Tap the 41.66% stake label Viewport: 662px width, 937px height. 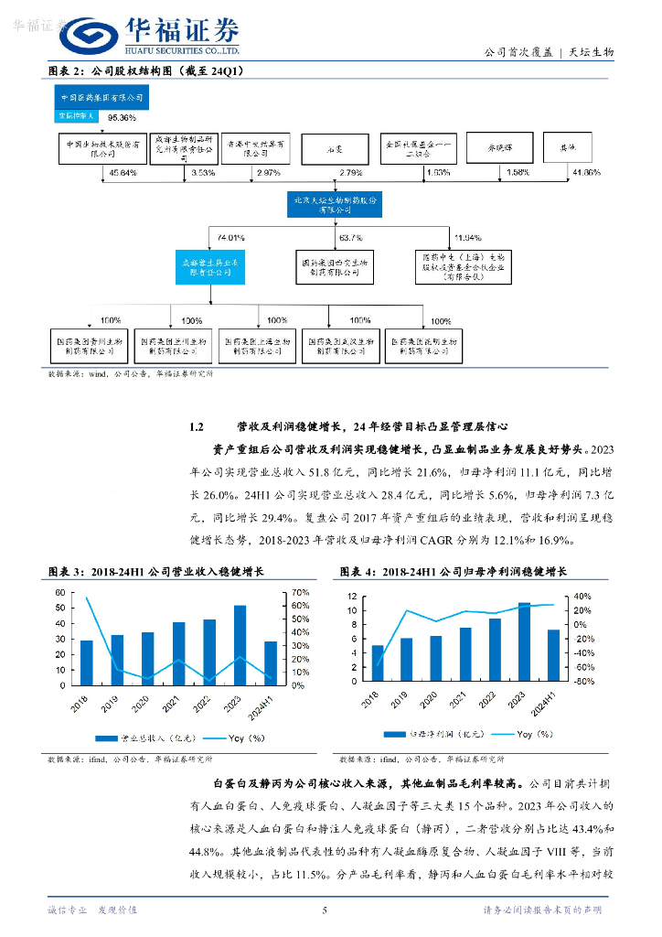click(x=585, y=172)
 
